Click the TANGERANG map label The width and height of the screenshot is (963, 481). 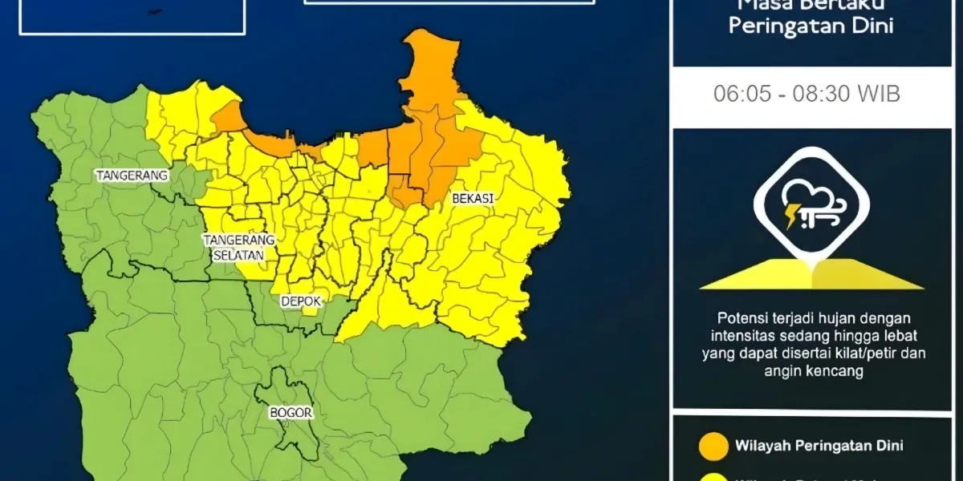coord(132,175)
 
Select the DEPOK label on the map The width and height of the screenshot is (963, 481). coord(301,301)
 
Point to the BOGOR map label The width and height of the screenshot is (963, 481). coord(291,413)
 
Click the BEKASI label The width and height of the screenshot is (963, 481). coord(472,197)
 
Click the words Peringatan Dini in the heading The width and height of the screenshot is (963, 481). coord(811,26)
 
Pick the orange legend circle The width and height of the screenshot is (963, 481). coord(713,446)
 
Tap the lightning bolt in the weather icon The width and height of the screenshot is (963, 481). coord(790,215)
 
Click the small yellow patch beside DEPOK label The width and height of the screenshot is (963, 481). coord(309,310)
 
